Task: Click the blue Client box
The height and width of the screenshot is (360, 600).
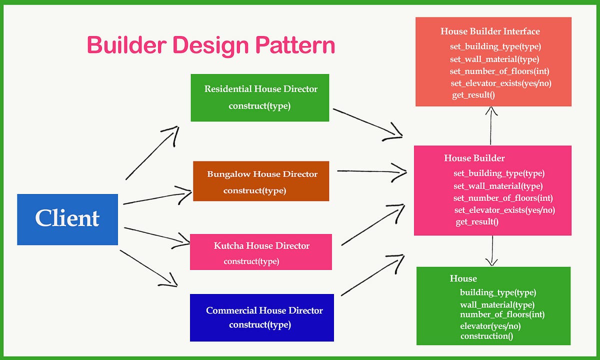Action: tap(67, 219)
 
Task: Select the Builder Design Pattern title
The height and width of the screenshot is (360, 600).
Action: tap(210, 45)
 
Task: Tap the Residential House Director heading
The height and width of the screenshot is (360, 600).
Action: tap(260, 89)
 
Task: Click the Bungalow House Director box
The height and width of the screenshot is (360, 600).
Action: tap(260, 181)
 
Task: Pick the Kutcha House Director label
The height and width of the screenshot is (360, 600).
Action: tap(261, 246)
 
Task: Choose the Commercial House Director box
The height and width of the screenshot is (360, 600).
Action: tap(261, 317)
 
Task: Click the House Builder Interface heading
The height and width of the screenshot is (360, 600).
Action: tap(490, 31)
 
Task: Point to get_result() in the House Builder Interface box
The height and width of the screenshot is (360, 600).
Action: tap(473, 95)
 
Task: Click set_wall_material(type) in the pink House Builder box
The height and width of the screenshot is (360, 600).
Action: tap(498, 186)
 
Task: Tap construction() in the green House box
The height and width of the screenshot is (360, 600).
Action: tap(486, 336)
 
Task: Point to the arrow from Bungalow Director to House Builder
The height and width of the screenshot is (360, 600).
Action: tap(371, 171)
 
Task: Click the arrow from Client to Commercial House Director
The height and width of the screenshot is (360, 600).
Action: tap(148, 268)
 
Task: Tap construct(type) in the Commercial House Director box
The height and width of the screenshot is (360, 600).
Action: tap(260, 324)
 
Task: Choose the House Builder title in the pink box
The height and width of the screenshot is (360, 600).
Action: tap(474, 158)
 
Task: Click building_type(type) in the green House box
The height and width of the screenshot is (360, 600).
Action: tap(498, 292)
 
